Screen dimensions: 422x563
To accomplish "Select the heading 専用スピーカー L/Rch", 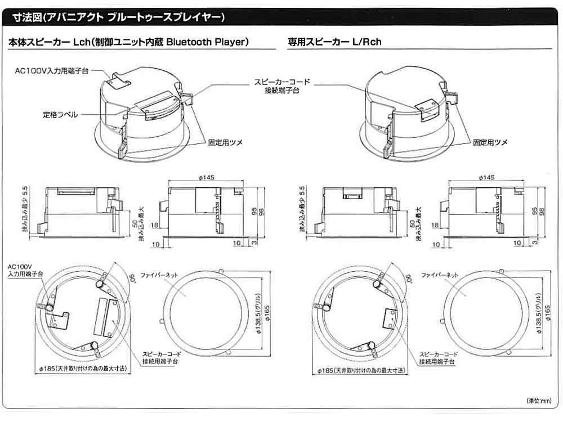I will [x=334, y=42].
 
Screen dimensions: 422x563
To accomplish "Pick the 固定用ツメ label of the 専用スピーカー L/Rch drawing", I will [x=489, y=143].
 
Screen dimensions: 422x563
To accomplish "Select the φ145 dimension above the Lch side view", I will [x=206, y=177].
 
